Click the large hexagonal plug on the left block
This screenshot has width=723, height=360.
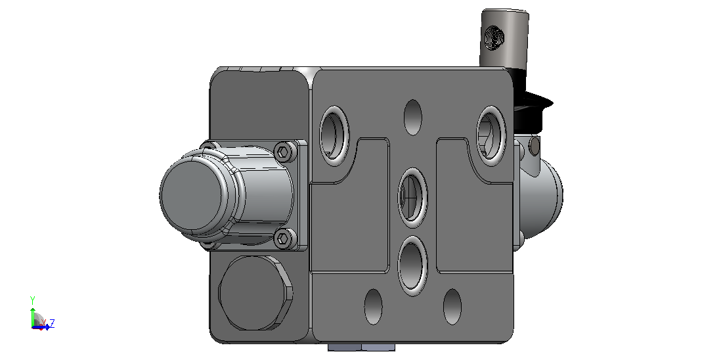(255, 293)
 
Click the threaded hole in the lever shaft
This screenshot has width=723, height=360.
(496, 37)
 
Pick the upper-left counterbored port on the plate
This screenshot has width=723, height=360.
(334, 135)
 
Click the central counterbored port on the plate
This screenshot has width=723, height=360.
(412, 198)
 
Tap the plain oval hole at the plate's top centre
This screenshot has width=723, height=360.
(412, 117)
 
